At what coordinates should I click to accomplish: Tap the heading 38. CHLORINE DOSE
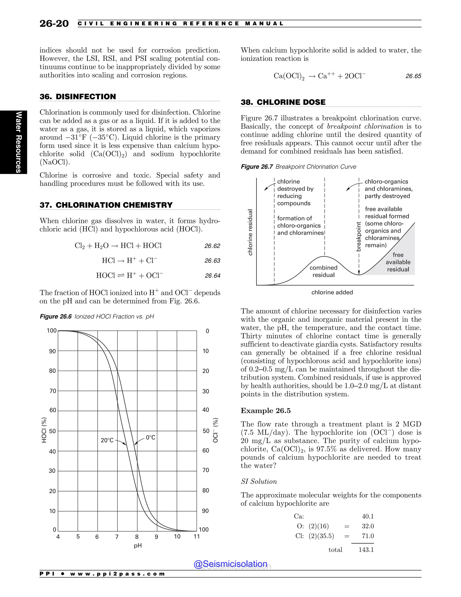click(283, 102)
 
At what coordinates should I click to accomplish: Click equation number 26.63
click(212, 261)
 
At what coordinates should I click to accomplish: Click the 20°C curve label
click(107, 440)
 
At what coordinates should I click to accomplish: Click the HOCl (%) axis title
click(44, 430)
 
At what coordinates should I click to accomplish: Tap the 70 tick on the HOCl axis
click(52, 391)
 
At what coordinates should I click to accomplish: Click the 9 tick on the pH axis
click(156, 537)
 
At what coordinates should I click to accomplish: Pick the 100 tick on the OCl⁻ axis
click(204, 529)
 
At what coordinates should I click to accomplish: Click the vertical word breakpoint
click(359, 237)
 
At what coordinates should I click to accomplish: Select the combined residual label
click(323, 271)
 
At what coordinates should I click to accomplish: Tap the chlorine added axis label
click(332, 292)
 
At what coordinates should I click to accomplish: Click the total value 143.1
click(366, 550)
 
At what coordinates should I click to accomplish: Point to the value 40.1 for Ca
click(368, 516)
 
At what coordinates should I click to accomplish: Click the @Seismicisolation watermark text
click(230, 564)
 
